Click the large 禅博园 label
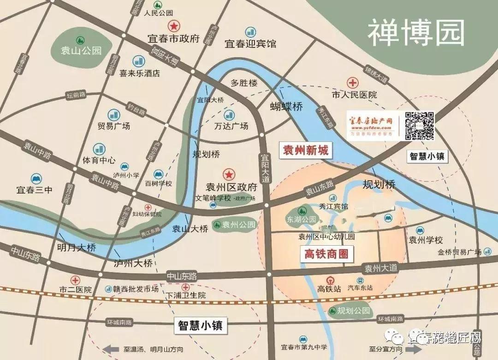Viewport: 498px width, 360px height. tap(415, 32)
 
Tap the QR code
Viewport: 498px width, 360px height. tap(419, 125)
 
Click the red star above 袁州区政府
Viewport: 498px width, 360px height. tap(228, 174)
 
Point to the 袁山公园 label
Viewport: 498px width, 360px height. tap(81, 50)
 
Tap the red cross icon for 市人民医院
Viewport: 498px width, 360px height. tap(354, 83)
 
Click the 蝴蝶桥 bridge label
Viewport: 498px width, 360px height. tap(286, 106)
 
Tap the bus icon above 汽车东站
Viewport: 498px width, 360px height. tap(360, 280)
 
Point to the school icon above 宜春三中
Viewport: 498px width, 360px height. tap(35, 178)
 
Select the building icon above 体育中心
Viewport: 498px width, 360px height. tap(99, 148)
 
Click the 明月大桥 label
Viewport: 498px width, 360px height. tap(77, 248)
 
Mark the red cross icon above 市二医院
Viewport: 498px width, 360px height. tap(75, 279)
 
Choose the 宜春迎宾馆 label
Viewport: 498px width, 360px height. tap(250, 44)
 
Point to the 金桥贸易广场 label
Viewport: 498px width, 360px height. tap(459, 252)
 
